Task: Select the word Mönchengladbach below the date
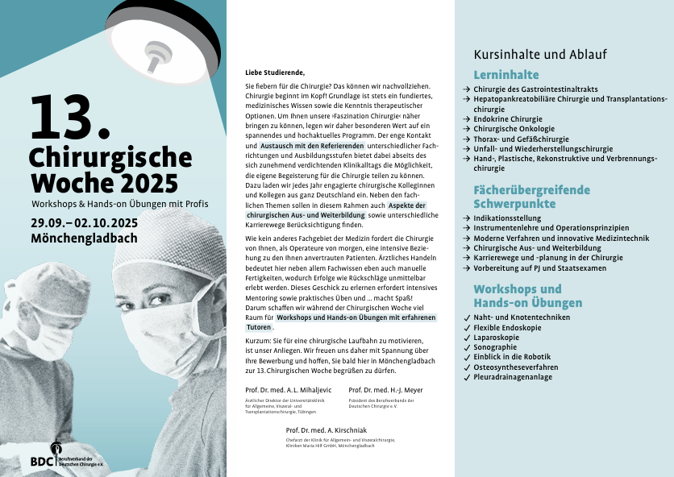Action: pyautogui.click(x=84, y=238)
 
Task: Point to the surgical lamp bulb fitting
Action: pyautogui.click(x=154, y=54)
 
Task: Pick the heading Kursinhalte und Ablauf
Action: pyautogui.click(x=540, y=55)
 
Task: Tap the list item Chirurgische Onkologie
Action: pyautogui.click(x=514, y=129)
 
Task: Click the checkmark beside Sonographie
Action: pyautogui.click(x=467, y=347)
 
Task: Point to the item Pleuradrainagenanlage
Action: pyautogui.click(x=515, y=377)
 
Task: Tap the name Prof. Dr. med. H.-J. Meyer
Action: pyautogui.click(x=385, y=391)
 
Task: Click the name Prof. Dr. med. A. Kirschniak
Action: pyautogui.click(x=326, y=431)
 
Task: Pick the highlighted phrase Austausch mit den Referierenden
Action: pyautogui.click(x=313, y=146)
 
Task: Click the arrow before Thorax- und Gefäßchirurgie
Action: pyautogui.click(x=467, y=139)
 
